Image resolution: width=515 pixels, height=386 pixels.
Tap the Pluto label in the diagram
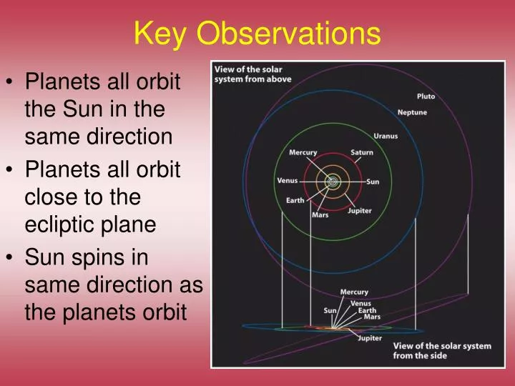click(426, 96)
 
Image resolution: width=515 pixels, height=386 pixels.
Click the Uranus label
click(386, 136)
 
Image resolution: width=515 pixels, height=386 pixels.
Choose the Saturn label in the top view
click(362, 152)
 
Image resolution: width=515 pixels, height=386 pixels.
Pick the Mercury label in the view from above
click(303, 152)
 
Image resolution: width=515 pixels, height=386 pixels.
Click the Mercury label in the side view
click(354, 292)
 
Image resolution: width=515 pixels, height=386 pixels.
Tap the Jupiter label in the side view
click(370, 338)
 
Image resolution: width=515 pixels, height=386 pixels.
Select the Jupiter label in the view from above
click(360, 210)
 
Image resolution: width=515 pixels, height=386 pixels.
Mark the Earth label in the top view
click(295, 200)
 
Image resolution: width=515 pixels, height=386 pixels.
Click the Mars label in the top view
click(320, 215)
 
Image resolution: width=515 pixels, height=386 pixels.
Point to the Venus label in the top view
click(288, 180)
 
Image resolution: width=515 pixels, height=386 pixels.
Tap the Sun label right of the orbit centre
click(373, 182)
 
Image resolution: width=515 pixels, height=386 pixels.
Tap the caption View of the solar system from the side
click(442, 350)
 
